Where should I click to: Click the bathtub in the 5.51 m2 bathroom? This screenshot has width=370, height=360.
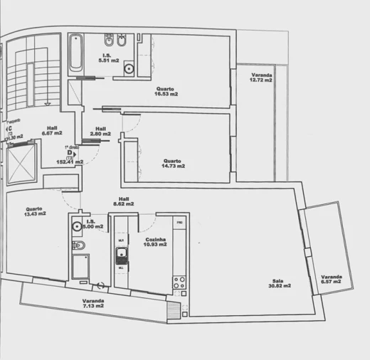coord(76,53)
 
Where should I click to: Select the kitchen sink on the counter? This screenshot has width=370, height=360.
coord(122,255)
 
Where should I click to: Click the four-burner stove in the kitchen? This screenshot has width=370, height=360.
coord(179,282)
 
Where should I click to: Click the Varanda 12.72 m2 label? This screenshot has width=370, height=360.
coord(262,78)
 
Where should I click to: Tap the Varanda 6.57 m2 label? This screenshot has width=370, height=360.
coord(331,280)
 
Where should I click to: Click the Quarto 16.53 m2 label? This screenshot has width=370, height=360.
coord(166,91)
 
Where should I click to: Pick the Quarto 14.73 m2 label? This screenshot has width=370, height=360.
coord(173,163)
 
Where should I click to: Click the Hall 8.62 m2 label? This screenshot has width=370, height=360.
coord(124,201)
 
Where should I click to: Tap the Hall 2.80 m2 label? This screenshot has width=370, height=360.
coord(101,131)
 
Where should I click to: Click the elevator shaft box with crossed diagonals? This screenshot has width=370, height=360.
coord(21,163)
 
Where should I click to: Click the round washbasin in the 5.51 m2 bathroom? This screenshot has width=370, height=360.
coord(129,69)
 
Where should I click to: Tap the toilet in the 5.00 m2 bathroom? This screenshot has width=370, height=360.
coord(80,246)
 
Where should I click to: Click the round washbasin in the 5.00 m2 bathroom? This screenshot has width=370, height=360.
coord(76,227)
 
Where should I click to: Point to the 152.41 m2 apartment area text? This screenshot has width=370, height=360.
coord(70,162)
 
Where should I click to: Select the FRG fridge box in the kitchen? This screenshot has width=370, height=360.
coord(180,224)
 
